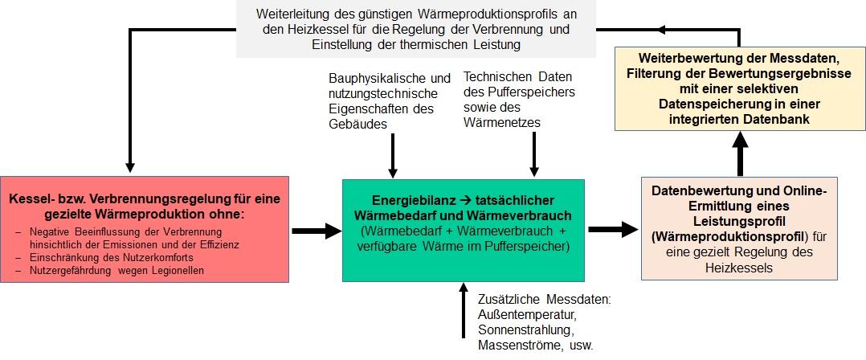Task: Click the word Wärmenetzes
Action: (x=502, y=122)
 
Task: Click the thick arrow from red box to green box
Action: (x=317, y=231)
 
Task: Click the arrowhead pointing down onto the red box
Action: (x=130, y=167)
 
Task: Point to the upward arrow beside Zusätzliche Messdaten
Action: (x=464, y=309)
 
